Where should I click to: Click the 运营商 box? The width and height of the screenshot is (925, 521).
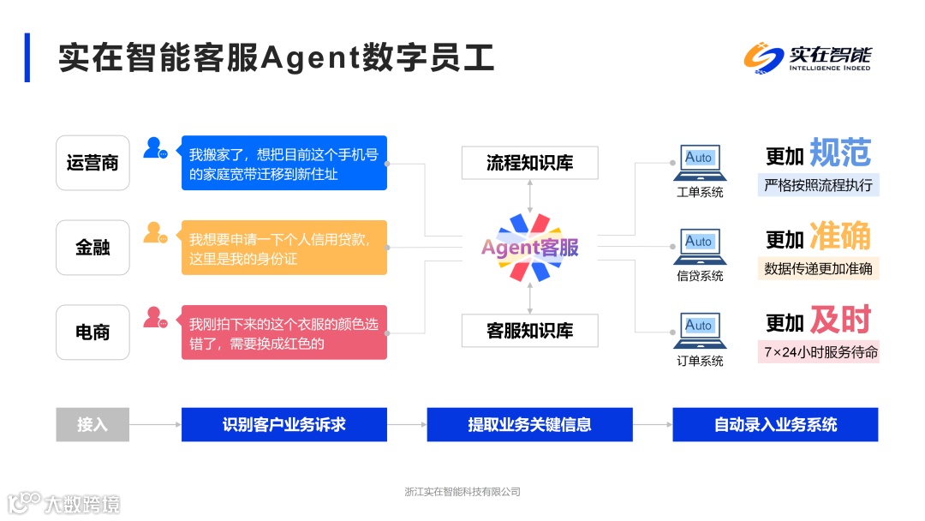(x=92, y=163)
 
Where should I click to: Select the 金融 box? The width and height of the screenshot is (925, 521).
(x=92, y=248)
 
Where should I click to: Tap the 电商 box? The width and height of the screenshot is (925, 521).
(x=92, y=332)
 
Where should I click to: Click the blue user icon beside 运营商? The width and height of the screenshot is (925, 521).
(x=155, y=148)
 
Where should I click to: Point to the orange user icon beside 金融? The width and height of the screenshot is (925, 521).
(x=155, y=232)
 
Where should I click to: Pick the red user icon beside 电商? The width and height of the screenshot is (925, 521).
(x=155, y=318)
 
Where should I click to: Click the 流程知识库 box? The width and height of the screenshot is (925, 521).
(x=529, y=163)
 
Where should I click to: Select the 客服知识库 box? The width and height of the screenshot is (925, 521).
(x=529, y=331)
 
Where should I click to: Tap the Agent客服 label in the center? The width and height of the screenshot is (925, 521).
(x=530, y=248)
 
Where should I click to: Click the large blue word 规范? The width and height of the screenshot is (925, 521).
(x=839, y=153)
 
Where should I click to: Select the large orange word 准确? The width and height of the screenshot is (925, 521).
(x=839, y=237)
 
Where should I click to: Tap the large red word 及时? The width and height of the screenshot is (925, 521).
(x=839, y=320)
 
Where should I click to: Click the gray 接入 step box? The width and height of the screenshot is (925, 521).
(x=92, y=424)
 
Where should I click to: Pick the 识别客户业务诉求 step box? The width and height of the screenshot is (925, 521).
(x=283, y=424)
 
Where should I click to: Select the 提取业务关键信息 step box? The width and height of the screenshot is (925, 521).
(x=529, y=424)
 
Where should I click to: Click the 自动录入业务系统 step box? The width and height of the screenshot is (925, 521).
(x=775, y=424)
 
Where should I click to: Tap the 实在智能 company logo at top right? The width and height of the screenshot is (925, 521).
(x=807, y=58)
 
